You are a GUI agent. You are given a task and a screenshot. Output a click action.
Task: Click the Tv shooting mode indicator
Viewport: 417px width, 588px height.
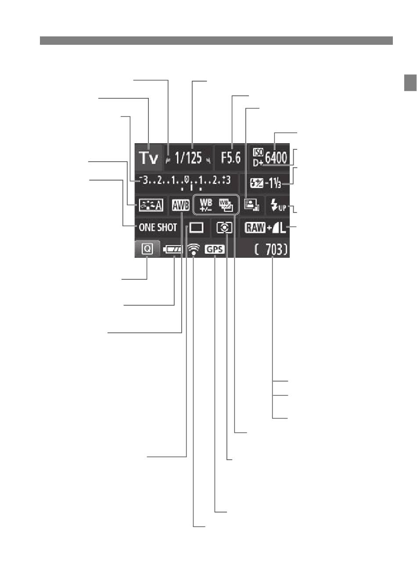149,158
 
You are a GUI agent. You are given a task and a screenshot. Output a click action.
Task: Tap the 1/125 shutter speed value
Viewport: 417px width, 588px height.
188,158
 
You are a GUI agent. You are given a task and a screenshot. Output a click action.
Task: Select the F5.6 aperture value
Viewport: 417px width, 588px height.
231,158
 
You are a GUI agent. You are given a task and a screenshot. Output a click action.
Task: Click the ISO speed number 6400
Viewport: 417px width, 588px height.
276,158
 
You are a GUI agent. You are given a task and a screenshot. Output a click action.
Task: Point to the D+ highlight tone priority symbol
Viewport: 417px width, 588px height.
258,163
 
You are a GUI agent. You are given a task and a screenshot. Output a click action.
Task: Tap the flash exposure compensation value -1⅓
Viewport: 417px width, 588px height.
273,183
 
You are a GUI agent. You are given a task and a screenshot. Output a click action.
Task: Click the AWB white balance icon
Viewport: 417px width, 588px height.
180,205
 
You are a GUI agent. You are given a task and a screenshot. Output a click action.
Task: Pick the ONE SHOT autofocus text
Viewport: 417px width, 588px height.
158,227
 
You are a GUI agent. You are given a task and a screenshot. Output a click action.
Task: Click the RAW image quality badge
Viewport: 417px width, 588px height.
255,227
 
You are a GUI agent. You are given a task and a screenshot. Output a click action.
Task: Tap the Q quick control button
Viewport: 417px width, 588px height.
147,248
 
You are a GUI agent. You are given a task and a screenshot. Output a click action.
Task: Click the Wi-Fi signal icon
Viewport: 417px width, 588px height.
194,249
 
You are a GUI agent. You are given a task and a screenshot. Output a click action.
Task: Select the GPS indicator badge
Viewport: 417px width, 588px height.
215,249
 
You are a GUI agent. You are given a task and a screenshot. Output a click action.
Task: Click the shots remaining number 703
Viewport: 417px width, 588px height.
273,249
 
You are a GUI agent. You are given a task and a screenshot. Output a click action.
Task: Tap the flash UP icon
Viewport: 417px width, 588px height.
278,205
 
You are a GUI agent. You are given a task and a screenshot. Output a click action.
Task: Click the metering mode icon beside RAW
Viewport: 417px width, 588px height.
224,227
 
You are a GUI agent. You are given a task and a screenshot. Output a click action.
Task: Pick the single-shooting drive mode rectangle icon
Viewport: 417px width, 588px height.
197,227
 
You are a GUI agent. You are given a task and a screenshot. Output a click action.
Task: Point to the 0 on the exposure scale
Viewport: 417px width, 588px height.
187,179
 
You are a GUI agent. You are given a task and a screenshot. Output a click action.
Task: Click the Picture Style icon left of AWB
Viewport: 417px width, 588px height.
151,205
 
